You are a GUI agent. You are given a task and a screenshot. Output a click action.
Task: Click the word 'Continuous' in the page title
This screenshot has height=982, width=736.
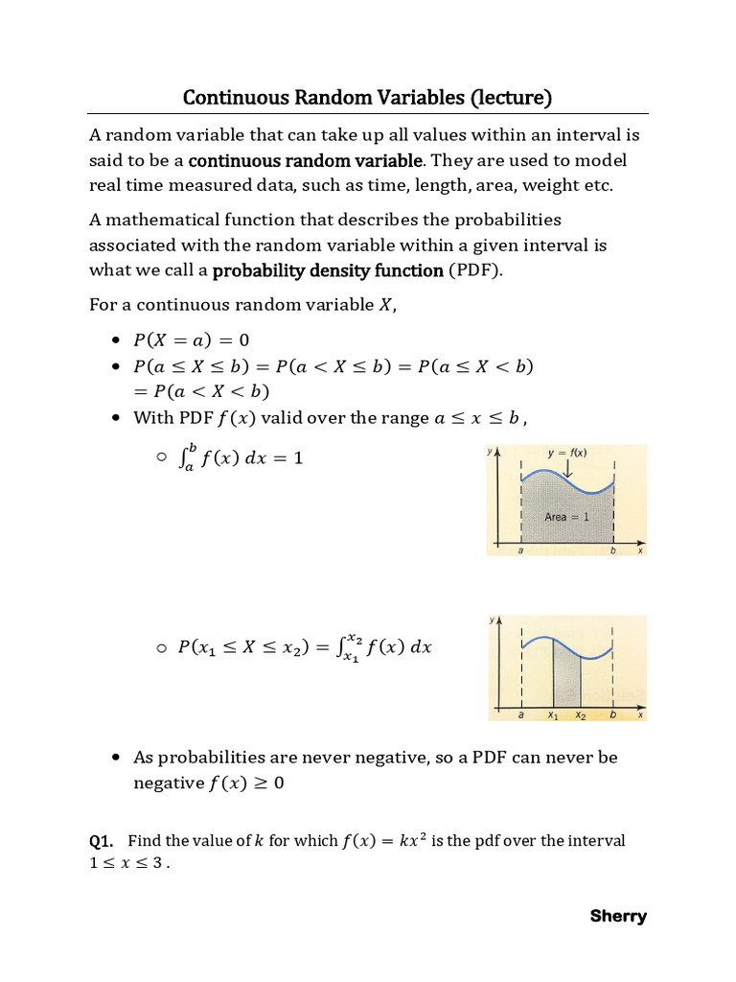228,98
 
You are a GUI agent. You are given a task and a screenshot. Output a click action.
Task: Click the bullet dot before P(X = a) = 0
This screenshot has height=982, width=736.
116,340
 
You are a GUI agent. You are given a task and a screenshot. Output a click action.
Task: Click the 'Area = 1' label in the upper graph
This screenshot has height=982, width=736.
566,517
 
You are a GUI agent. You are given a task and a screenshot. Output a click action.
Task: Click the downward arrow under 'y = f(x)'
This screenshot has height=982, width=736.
568,470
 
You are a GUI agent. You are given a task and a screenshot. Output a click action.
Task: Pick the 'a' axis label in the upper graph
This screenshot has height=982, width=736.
521,550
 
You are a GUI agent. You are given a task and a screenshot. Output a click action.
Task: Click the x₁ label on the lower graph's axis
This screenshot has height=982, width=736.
553,715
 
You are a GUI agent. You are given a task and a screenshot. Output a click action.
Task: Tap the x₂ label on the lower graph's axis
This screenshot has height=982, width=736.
580,715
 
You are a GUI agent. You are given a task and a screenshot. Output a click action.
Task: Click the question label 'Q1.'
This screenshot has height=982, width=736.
102,841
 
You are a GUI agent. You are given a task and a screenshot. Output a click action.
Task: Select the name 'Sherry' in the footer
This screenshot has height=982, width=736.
618,916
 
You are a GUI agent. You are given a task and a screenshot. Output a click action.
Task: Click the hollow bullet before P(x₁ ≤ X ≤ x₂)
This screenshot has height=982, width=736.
161,648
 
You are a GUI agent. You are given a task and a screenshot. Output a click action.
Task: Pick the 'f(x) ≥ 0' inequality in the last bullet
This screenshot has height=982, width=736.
246,783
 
